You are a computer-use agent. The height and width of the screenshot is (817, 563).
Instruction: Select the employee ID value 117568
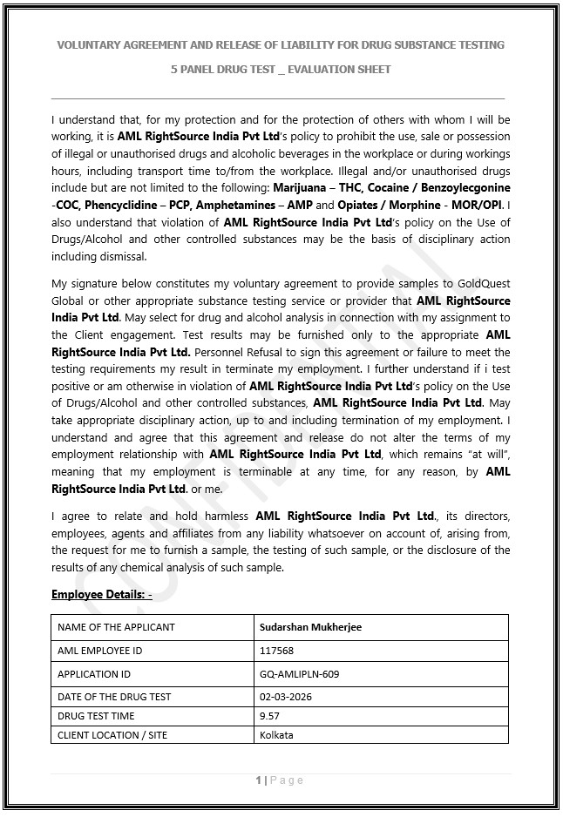click(276, 651)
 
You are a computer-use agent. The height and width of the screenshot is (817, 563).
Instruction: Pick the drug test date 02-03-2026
click(286, 696)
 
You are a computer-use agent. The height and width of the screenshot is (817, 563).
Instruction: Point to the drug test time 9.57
click(269, 715)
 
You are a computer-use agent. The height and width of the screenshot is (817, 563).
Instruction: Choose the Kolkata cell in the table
click(276, 734)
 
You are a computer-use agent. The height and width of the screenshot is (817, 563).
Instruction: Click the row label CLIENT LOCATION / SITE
click(112, 734)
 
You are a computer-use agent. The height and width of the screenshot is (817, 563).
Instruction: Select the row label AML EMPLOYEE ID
click(99, 651)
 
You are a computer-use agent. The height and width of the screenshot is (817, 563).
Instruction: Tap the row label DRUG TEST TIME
click(96, 715)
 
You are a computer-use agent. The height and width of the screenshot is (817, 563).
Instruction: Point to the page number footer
click(280, 780)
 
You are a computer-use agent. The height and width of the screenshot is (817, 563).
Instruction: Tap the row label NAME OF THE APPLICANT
click(116, 626)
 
